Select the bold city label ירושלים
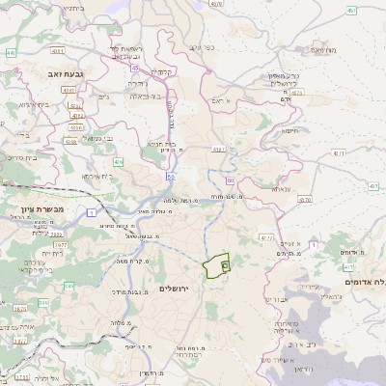pyautogui.click(x=175, y=289)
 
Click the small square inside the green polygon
pyautogui.click(x=225, y=263)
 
